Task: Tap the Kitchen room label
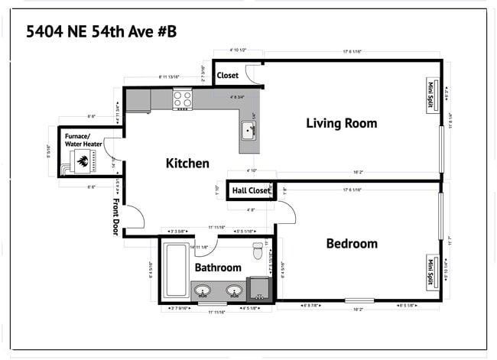(187, 163)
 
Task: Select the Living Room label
(341, 123)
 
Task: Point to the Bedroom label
(352, 244)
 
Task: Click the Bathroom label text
(218, 268)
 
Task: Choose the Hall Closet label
(252, 190)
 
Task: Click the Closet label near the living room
(228, 76)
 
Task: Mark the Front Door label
(116, 218)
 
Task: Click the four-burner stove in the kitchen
(183, 99)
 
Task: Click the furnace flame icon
(81, 161)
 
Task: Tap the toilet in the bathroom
(258, 250)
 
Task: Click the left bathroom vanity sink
(203, 290)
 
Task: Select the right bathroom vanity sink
(235, 290)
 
